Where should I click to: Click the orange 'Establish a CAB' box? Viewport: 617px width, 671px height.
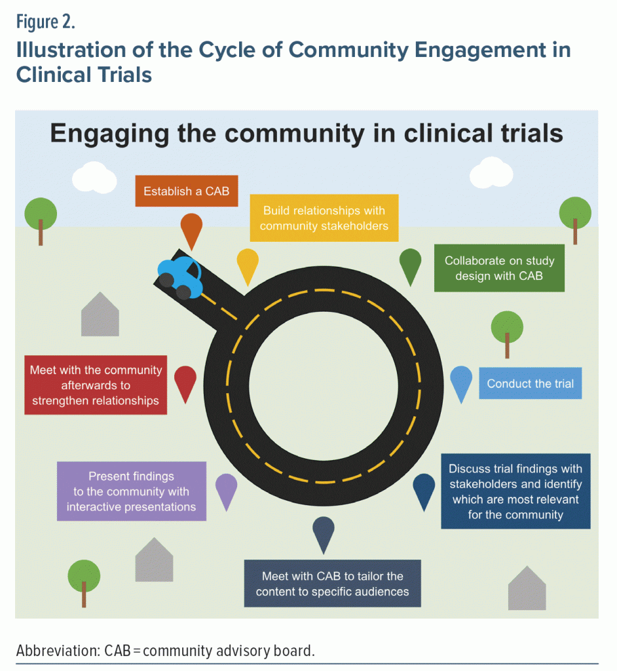[x=187, y=191]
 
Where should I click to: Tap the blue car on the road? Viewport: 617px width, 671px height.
[x=179, y=276]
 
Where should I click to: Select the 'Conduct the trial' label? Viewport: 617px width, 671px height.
[x=530, y=383]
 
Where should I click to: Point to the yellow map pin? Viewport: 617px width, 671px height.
[x=248, y=264]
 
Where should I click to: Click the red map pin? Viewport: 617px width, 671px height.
[x=185, y=381]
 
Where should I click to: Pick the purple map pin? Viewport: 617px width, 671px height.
[x=226, y=489]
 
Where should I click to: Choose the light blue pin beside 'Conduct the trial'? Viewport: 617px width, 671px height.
[x=461, y=381]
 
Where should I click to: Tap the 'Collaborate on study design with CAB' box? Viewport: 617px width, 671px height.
[x=499, y=269]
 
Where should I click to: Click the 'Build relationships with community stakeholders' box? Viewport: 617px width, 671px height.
[x=324, y=218]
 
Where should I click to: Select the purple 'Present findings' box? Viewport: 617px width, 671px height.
[x=131, y=491]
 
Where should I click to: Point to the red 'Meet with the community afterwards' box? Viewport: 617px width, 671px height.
[x=96, y=385]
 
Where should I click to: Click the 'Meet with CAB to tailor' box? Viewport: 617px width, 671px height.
[x=332, y=583]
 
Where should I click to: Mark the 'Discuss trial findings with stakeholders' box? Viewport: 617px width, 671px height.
[x=515, y=491]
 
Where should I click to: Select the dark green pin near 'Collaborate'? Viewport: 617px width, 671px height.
[x=410, y=264]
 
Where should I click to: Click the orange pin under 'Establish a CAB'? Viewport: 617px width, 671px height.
[x=191, y=229]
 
